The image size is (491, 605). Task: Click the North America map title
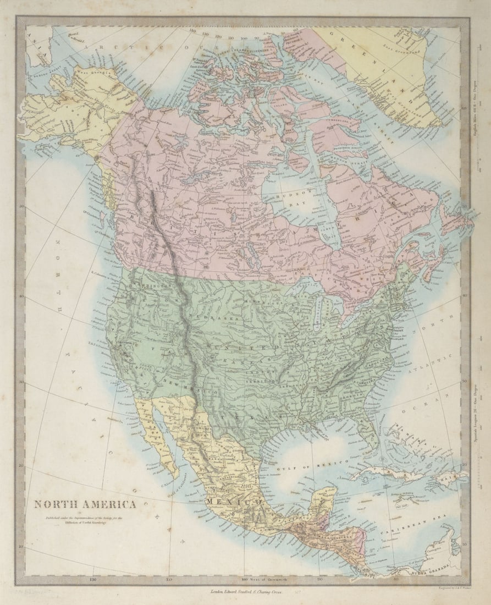tap(85, 504)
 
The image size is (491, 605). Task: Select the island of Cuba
tap(385, 474)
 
